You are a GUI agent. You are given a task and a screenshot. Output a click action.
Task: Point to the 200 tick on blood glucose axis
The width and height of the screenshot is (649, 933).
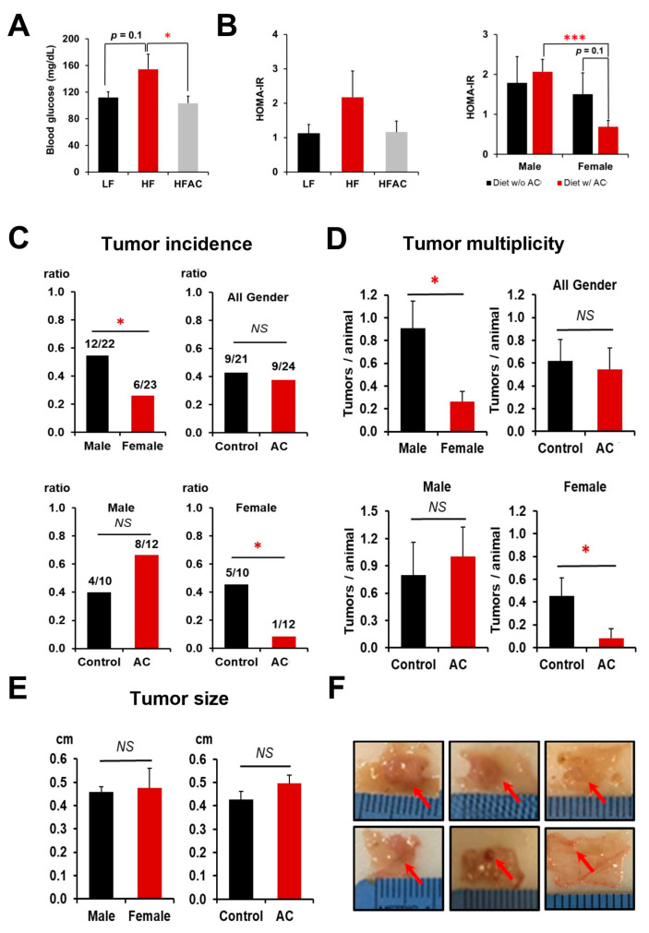pos(70,39)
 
